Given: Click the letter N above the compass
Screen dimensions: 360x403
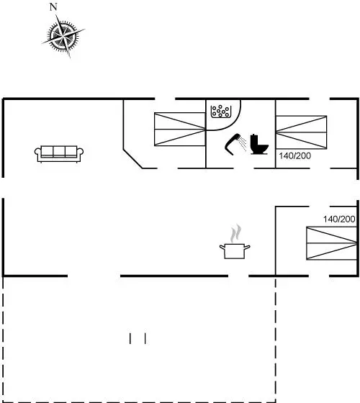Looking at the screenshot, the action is coord(53,7).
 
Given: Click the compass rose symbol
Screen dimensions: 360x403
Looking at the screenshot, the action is coord(63,36).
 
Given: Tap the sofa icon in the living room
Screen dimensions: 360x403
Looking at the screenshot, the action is coord(59,154).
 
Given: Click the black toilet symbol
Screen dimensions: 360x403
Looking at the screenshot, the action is coord(259,144).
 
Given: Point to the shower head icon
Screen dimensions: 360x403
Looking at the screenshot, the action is coord(233,144).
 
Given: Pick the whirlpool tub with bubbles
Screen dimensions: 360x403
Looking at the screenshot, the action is coord(221,112).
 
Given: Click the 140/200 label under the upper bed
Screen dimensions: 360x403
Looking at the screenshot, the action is coord(295,155).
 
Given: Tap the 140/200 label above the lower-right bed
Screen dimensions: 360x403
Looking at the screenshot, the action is coord(339,219).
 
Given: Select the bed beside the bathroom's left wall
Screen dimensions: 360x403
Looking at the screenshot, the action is coord(180,130).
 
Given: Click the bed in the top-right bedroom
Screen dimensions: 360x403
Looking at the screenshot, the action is coord(302,132).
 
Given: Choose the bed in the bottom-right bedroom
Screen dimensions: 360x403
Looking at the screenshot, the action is coord(332,243).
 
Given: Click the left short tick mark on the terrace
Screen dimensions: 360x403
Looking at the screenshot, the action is coord(130,338).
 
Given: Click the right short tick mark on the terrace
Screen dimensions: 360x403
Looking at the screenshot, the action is coord(145,338).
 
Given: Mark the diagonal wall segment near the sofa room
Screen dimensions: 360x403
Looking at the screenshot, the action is coord(133,158).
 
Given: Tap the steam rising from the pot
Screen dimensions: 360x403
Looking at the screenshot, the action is coord(236,233).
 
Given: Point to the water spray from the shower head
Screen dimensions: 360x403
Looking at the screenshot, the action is coord(243,143).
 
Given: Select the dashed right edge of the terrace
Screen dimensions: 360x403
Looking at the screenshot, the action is coord(276,339).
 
